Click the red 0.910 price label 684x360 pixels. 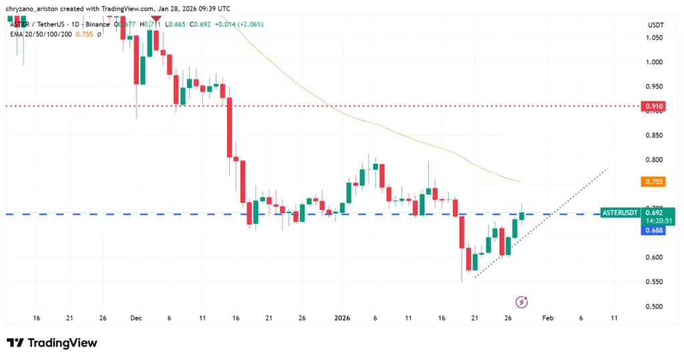pos(653,106)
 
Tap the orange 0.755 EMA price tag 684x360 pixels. pos(653,182)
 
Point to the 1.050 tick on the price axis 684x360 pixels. pos(653,37)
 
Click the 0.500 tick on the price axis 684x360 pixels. pos(653,307)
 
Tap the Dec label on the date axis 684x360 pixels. pos(136,318)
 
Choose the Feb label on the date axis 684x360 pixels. pos(546,318)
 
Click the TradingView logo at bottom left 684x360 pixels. pos(52,343)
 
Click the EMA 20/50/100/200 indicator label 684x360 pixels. pos(41,34)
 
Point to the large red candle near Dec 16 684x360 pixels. pos(229,127)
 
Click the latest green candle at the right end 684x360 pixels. pos(522,215)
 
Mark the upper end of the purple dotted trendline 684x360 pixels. pos(607,169)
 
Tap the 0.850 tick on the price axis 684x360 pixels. pos(653,136)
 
